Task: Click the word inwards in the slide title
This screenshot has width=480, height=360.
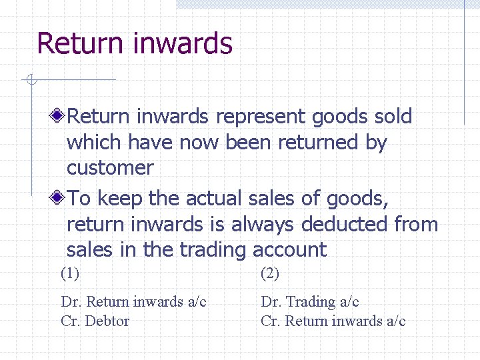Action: [183, 43]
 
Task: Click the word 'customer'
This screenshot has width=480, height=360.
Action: [110, 168]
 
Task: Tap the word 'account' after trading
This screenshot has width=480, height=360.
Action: [289, 250]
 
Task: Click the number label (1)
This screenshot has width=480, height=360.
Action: [69, 273]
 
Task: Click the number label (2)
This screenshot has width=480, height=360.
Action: [270, 273]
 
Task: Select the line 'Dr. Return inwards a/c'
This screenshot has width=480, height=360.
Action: [133, 302]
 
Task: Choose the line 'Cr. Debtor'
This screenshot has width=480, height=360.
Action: [95, 321]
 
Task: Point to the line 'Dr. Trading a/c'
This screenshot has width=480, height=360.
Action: [310, 302]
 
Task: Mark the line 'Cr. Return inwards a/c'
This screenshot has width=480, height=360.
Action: [333, 321]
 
